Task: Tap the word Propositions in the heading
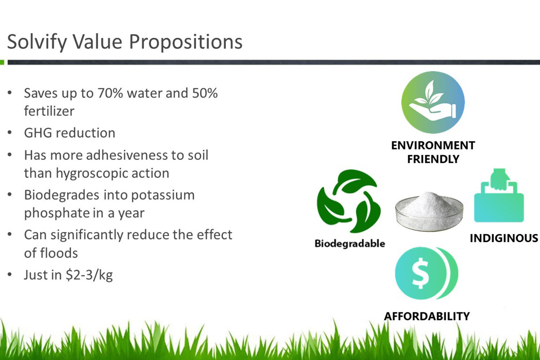point(185,42)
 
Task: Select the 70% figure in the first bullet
point(110,93)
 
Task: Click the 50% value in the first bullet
point(205,93)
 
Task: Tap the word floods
point(59,253)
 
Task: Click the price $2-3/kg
point(89,275)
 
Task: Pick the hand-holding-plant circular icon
point(433,102)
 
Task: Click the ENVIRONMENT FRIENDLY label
point(433,152)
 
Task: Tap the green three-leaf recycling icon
point(349,201)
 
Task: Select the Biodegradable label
point(350,243)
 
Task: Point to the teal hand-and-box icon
point(499,195)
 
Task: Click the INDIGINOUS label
point(504,238)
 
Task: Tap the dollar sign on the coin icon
point(420,273)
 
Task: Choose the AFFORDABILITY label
point(427,316)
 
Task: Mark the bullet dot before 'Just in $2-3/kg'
point(9,274)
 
